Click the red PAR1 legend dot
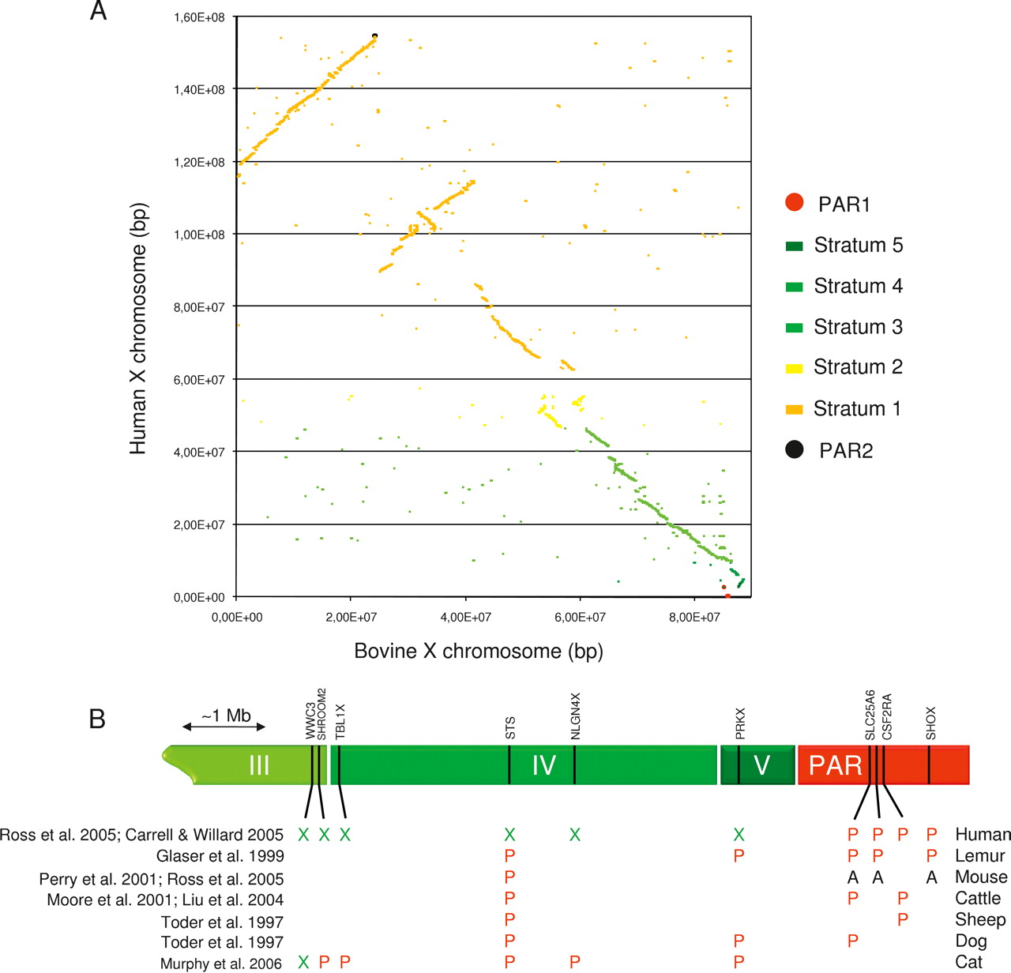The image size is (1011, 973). tap(795, 203)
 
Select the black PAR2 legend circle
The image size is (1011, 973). tap(795, 449)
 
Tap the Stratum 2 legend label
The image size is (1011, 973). tap(858, 367)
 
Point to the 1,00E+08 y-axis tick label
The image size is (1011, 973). tap(199, 235)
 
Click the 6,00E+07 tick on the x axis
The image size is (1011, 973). tap(580, 617)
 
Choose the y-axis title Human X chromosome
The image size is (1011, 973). tap(138, 329)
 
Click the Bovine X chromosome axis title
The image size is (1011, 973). tap(479, 652)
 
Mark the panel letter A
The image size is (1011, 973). tap(98, 11)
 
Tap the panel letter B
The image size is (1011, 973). tap(97, 719)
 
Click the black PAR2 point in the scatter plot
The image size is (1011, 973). tap(374, 36)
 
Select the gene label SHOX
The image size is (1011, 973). tap(930, 723)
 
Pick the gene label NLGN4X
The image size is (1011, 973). tap(575, 716)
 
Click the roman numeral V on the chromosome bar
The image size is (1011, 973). tap(761, 765)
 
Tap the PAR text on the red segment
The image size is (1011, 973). tap(836, 765)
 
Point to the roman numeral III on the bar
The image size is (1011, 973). tap(259, 765)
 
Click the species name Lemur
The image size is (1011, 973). tap(980, 856)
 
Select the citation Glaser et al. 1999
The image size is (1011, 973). tap(220, 856)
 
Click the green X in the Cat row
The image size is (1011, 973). tap(303, 963)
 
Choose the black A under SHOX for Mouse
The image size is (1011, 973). tap(931, 877)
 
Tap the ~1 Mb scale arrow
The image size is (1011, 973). tap(224, 727)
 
